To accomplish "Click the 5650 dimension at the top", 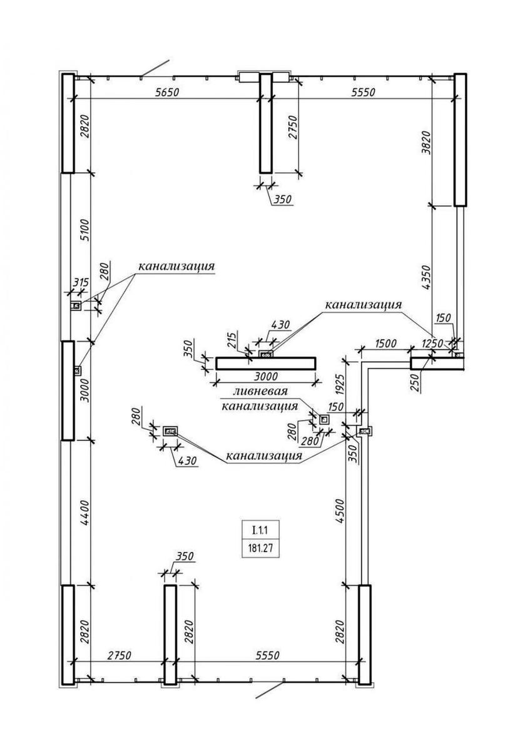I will coord(167,92).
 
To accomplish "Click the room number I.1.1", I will coord(260,531).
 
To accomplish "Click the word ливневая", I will coord(260,392).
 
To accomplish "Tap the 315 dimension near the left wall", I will coord(80,284).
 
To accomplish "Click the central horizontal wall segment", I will coord(265,363).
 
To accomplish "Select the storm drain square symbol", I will coord(324,419).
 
